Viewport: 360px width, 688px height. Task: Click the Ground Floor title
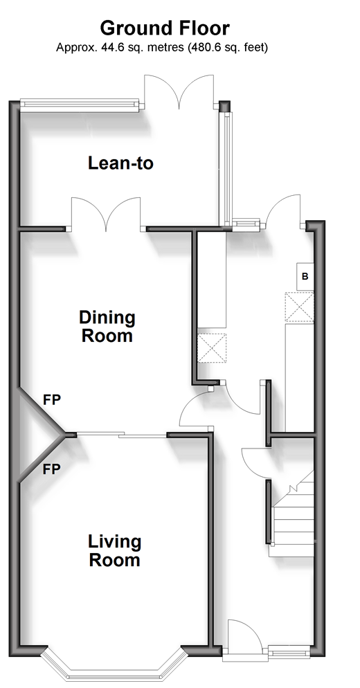[x=165, y=28]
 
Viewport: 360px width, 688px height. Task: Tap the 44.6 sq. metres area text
[x=141, y=47]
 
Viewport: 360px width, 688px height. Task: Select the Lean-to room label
[x=120, y=163]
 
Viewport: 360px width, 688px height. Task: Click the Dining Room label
[x=107, y=326]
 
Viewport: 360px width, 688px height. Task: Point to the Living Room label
[x=115, y=550]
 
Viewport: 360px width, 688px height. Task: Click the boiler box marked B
[x=305, y=276]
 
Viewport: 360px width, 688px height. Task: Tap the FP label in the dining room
[x=51, y=399]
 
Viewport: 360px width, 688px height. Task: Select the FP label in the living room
[x=51, y=469]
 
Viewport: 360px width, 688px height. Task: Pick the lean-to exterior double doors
[x=179, y=92]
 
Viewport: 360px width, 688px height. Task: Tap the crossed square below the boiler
[x=299, y=307]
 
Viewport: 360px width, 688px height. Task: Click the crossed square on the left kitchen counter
[x=212, y=348]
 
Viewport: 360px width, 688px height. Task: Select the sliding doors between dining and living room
[x=122, y=435]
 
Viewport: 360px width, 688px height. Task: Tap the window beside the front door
[x=289, y=651]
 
